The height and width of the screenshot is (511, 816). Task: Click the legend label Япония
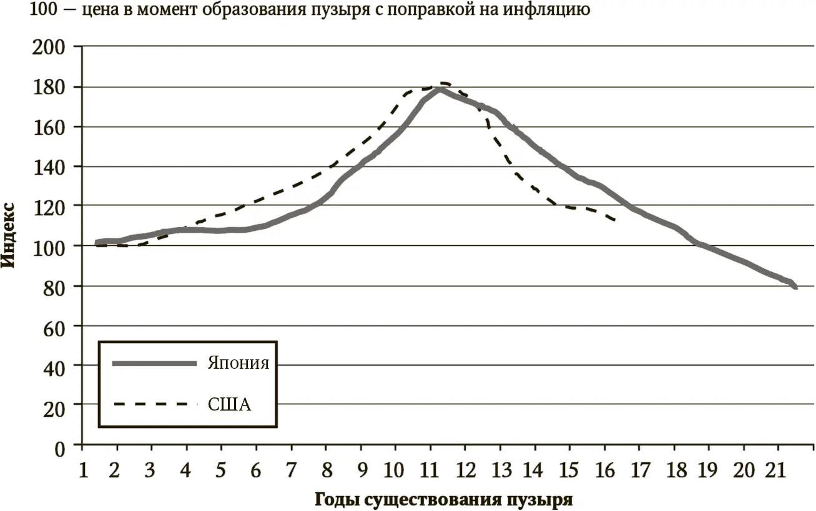238,363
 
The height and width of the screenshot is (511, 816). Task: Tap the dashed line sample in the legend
150,404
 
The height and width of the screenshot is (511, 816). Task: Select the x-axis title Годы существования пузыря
443,500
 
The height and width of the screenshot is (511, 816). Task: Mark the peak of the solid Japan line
440,89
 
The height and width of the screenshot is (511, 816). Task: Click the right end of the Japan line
795,287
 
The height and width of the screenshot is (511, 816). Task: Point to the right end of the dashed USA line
616,220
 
